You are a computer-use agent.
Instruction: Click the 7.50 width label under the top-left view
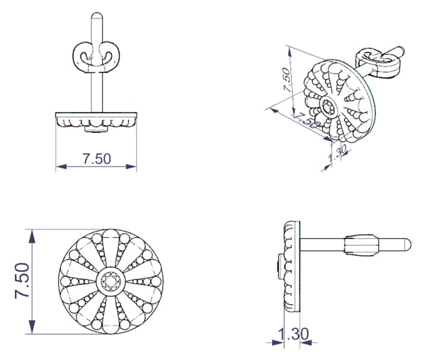pos(97,159)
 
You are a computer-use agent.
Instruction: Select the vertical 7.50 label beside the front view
pos(22,281)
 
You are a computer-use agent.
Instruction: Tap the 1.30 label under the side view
pos(293,334)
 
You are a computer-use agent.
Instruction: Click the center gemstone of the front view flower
pos(110,281)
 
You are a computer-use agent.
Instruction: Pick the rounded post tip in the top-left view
pos(97,16)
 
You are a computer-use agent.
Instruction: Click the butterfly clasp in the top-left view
pos(96,57)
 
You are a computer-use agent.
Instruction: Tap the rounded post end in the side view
pos(407,244)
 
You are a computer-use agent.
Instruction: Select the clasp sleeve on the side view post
pos(361,244)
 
